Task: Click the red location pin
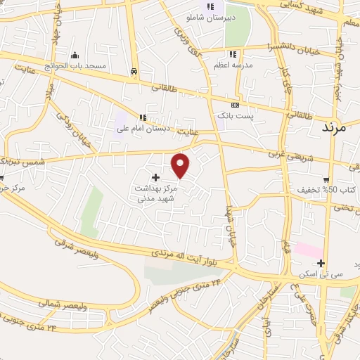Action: point(181,165)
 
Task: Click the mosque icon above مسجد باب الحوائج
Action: point(75,55)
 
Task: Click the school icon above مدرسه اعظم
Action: point(232,54)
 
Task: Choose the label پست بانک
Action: point(232,114)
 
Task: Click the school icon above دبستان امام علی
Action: point(143,117)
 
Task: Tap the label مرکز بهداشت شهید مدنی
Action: point(156,194)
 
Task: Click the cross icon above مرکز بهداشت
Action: point(155,176)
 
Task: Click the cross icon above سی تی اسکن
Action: point(321,264)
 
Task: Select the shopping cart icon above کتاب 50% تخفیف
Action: point(326,179)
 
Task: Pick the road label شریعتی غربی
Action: point(286,155)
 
